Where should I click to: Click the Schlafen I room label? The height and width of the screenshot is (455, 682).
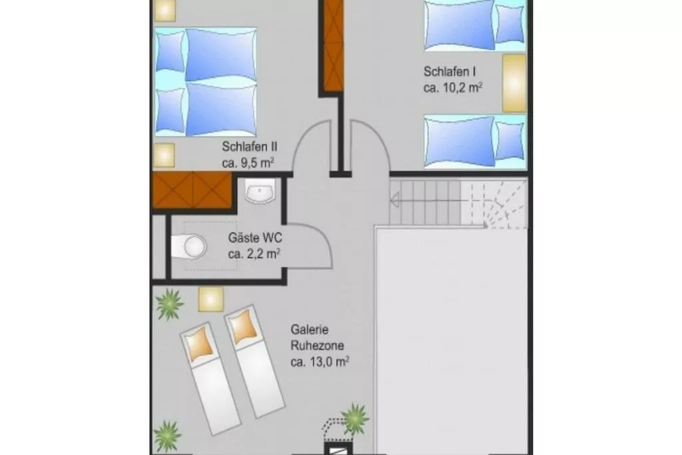[450, 71]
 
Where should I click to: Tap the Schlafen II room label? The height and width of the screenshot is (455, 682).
[250, 147]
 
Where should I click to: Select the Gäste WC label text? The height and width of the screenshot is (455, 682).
[255, 238]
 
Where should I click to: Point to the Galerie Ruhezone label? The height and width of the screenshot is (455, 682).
[318, 338]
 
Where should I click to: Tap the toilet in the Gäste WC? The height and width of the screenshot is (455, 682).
[189, 247]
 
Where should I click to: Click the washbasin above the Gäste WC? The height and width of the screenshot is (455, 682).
[260, 191]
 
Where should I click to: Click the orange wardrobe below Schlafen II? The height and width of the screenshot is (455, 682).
[191, 190]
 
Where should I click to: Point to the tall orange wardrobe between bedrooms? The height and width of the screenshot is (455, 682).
[333, 46]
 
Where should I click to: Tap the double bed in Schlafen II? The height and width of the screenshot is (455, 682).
[205, 82]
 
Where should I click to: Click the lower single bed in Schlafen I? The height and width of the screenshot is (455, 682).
[476, 141]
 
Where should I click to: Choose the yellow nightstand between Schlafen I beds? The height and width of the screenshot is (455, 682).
[514, 83]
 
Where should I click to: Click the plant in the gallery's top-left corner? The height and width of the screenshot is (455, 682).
[169, 304]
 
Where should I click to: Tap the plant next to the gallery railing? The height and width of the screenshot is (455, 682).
[356, 419]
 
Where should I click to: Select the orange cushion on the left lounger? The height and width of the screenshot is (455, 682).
[200, 344]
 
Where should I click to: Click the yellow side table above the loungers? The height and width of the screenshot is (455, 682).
[211, 299]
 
